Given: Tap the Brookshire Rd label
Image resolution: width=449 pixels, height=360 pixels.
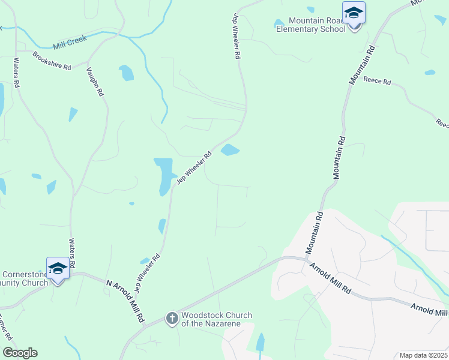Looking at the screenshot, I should point(52,59).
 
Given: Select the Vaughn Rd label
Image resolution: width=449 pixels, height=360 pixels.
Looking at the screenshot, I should point(95,82).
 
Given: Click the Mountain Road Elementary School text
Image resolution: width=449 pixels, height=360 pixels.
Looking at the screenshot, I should point(310,25).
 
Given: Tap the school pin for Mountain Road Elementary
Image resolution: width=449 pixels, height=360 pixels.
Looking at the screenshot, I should point(354,14).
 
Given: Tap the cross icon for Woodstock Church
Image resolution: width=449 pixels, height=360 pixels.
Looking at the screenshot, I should point(172,318).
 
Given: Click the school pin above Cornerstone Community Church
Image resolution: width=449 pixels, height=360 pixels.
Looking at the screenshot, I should point(58,269).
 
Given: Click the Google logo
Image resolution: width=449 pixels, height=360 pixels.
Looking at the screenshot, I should point(20,353).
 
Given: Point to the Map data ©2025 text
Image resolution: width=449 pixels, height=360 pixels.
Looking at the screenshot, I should point(423,355).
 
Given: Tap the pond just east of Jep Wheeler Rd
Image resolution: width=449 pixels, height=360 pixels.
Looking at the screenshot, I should point(230,150).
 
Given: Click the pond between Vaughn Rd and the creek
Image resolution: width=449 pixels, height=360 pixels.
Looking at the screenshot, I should point(126,73).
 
